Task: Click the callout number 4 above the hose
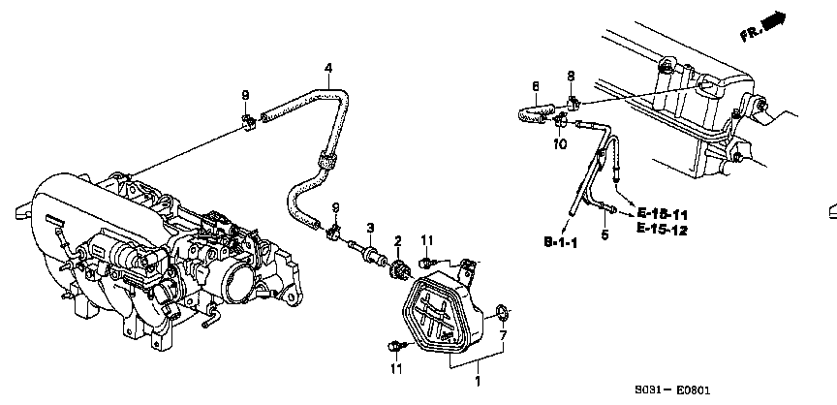[328, 68]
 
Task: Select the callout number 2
[397, 239]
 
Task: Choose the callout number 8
[571, 76]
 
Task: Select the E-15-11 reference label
[663, 213]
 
